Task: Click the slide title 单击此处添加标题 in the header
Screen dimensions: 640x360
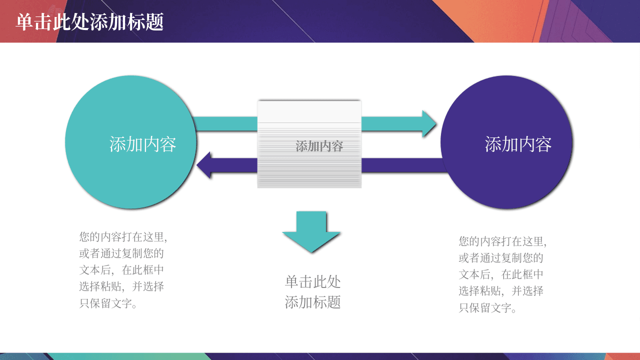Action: point(89,22)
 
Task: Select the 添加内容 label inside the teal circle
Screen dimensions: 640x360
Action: point(142,144)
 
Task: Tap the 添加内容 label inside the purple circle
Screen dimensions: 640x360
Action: point(518,144)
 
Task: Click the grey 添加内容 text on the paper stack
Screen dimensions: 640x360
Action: point(319,146)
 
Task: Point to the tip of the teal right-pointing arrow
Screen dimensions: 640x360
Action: point(436,123)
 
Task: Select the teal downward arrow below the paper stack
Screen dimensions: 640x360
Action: point(311,231)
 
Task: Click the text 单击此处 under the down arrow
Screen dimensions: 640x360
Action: point(312,281)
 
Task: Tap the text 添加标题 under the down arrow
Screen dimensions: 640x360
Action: point(312,302)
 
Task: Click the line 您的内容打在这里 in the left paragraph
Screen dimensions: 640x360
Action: point(123,237)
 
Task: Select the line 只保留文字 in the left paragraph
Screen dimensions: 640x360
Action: point(108,303)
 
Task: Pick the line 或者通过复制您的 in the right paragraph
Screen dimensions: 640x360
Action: point(501,258)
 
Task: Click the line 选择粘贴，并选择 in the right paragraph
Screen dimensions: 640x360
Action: point(501,291)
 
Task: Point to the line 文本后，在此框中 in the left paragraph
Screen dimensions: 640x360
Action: point(121,270)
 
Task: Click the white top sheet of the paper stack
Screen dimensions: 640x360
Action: point(309,111)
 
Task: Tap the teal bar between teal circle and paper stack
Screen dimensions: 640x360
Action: point(225,123)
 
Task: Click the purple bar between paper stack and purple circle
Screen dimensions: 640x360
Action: point(402,165)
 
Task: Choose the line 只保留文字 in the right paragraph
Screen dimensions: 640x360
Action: point(487,307)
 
